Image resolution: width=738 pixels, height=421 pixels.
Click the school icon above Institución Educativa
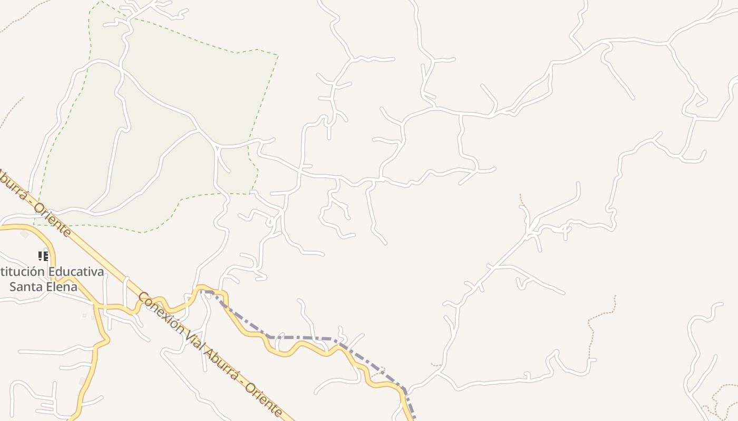click(x=43, y=256)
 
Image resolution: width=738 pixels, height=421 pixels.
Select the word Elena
click(x=61, y=287)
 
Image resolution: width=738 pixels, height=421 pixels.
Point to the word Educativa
click(x=76, y=272)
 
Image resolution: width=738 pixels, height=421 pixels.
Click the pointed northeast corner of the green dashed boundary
click(x=277, y=55)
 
